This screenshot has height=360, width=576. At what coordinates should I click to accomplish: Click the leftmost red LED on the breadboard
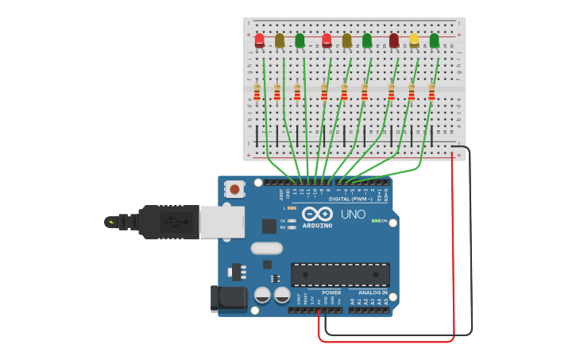(x=259, y=39)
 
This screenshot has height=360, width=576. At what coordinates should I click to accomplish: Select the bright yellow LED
(x=414, y=39)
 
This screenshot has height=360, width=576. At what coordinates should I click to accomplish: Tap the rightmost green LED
(x=434, y=39)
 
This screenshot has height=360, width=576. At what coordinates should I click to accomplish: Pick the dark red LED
(x=394, y=39)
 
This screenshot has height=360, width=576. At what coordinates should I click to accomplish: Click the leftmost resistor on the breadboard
(x=257, y=92)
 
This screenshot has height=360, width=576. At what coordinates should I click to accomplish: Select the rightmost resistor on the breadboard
(x=431, y=92)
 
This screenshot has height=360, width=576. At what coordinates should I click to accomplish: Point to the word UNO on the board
(x=354, y=215)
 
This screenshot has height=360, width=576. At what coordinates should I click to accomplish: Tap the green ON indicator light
(x=376, y=220)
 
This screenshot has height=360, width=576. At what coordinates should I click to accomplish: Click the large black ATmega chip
(x=340, y=274)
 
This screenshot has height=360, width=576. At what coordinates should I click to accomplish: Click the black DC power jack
(x=229, y=298)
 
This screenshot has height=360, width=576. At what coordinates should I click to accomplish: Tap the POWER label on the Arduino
(x=331, y=292)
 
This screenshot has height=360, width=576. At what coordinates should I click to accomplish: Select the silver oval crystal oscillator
(x=266, y=248)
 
